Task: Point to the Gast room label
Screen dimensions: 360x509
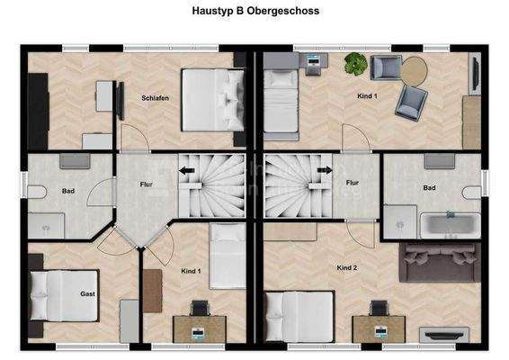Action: (x=87, y=293)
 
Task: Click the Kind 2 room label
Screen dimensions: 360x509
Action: (x=347, y=268)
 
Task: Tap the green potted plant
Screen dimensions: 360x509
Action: (x=354, y=64)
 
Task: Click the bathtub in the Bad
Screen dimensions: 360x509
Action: (x=450, y=224)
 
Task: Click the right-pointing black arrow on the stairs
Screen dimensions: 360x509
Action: (x=317, y=180)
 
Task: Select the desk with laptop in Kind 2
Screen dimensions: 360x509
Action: (x=377, y=326)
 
